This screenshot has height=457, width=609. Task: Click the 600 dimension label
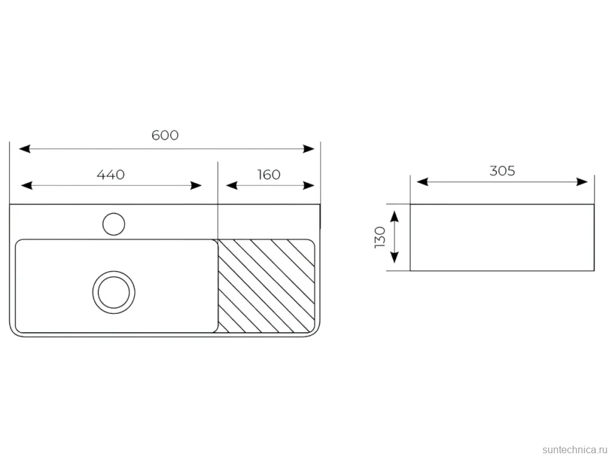(165, 135)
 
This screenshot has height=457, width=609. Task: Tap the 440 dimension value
(110, 175)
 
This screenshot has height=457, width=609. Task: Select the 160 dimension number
(269, 175)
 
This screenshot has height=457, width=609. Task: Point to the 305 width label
(502, 171)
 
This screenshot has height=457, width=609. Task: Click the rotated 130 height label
(380, 237)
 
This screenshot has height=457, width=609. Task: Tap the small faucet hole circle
(114, 224)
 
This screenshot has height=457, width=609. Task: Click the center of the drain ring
(114, 293)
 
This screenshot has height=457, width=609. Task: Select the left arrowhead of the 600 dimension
(24, 149)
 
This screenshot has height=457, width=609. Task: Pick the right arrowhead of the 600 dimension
(309, 149)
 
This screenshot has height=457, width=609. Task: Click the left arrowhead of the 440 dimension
(26, 186)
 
